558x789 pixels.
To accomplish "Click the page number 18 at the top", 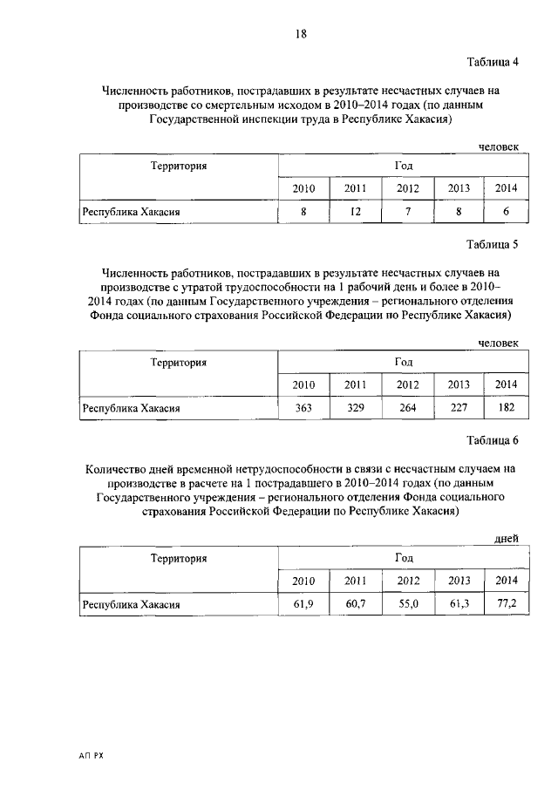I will (x=300, y=34).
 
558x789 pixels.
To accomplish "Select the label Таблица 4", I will (x=493, y=62).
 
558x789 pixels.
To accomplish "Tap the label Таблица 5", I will (x=493, y=244).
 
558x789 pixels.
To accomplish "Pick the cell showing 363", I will (x=303, y=406).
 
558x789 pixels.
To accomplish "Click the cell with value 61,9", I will (x=303, y=602).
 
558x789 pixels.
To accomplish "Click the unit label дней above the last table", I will (x=507, y=540).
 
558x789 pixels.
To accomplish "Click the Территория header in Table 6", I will (x=178, y=558).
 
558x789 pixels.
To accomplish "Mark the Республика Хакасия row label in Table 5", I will (x=131, y=407).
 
